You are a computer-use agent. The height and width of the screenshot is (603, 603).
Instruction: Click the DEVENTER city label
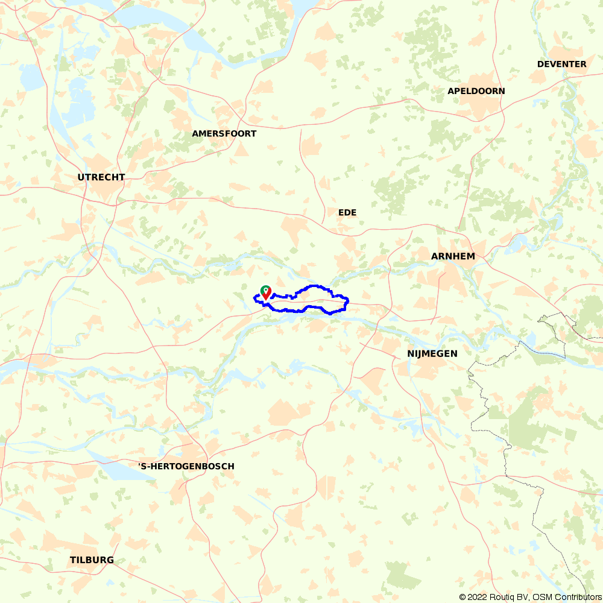pos(561,64)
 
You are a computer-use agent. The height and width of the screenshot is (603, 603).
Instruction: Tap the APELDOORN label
pos(476,91)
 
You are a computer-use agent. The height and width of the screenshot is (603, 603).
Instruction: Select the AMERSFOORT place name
pos(224,133)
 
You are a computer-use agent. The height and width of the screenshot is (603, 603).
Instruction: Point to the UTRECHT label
pos(101,177)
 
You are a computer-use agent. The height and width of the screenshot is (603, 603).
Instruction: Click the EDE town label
pos(347,213)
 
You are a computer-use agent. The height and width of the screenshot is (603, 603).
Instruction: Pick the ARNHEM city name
pos(453,256)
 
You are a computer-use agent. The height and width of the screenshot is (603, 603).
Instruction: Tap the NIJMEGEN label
pos(432,353)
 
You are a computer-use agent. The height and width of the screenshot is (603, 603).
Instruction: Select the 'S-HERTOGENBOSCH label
pos(186,466)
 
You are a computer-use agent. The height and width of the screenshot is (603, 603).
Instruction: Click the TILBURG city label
pos(92,560)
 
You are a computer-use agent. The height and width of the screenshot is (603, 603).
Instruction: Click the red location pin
pos(265,294)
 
